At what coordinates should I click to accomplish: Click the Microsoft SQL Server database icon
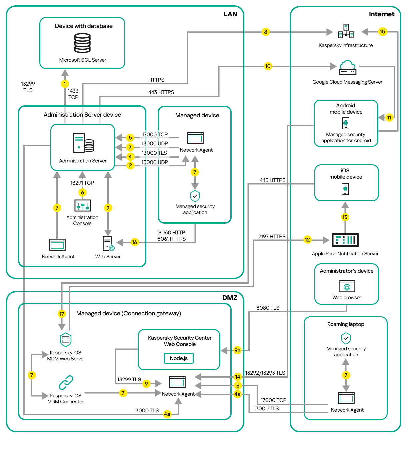tap(82, 43)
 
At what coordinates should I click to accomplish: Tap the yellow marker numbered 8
tap(265, 32)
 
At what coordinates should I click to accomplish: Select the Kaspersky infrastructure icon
tap(346, 31)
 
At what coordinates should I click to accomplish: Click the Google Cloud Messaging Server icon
tap(347, 67)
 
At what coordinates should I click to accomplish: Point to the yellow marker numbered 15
tap(382, 32)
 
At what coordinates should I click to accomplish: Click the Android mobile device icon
tap(346, 123)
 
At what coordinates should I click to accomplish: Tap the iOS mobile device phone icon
tap(345, 189)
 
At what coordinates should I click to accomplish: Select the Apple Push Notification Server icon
tap(345, 240)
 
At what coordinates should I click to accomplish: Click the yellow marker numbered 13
tap(345, 217)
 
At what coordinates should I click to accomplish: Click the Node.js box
tap(179, 358)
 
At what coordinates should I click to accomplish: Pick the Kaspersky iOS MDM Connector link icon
tap(66, 383)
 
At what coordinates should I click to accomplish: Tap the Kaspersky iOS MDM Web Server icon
tap(66, 340)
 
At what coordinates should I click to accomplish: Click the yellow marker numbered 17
tap(62, 314)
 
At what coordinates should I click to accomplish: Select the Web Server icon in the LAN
tap(108, 244)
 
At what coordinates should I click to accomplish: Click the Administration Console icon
tap(83, 206)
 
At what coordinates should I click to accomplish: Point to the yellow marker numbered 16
tap(134, 242)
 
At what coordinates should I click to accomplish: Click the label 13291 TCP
tap(82, 183)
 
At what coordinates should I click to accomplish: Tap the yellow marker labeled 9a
tap(237, 350)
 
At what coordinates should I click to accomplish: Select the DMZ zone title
tap(230, 298)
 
